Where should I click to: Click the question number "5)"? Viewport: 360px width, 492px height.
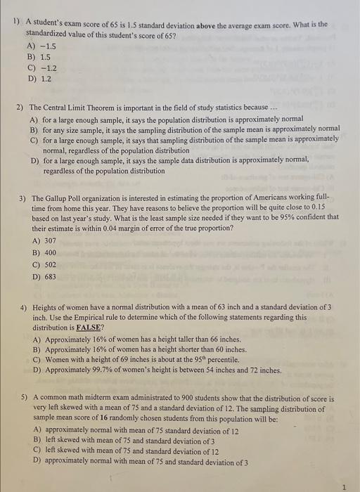tap(25, 398)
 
